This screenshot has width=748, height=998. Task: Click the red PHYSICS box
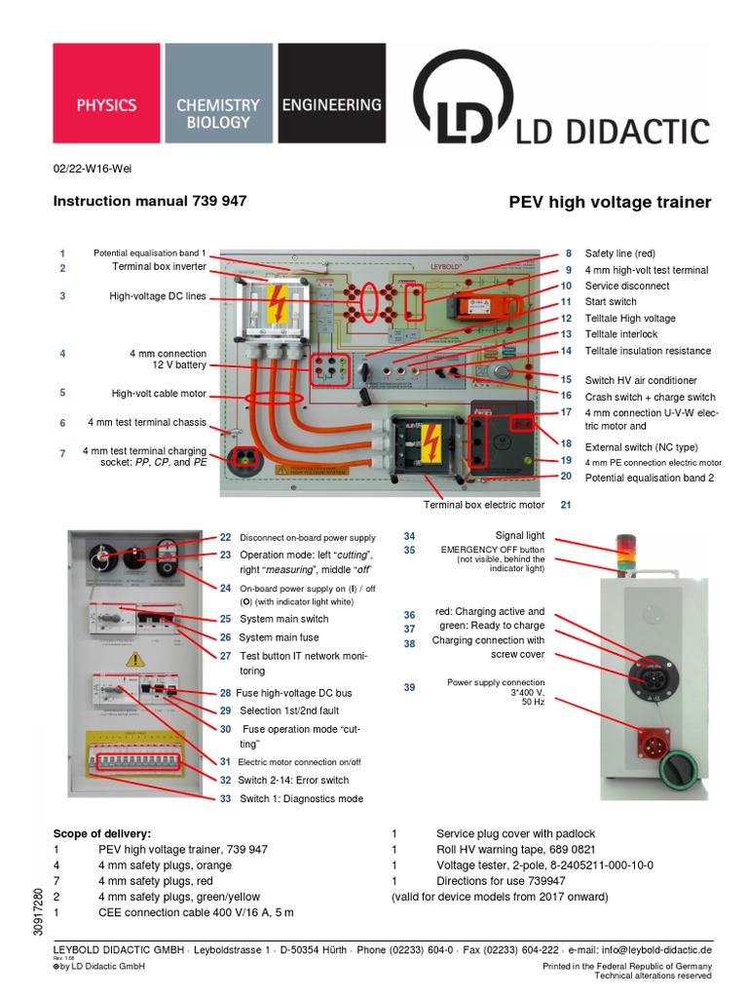(107, 103)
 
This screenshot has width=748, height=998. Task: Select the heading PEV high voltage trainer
(610, 203)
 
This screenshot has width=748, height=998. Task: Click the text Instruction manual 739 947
(149, 201)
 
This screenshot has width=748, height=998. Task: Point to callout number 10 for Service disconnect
(566, 287)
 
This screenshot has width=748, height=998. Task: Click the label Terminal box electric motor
(483, 505)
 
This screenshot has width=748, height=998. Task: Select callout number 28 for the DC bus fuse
(226, 693)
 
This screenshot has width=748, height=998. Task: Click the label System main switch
(283, 619)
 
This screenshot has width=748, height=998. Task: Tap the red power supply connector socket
(653, 743)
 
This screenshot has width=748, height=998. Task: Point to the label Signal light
(520, 536)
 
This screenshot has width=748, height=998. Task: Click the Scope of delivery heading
(103, 834)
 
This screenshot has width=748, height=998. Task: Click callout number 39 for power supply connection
(409, 688)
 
